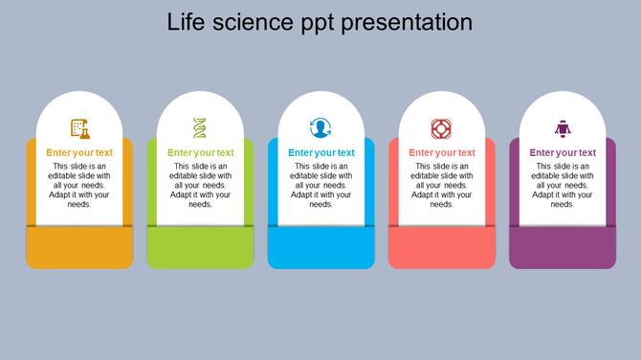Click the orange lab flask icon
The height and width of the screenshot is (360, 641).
(79, 127)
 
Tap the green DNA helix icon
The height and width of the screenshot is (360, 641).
(200, 127)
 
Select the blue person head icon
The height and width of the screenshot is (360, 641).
(320, 127)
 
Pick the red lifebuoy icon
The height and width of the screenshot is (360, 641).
(441, 127)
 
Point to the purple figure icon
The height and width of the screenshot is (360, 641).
(562, 127)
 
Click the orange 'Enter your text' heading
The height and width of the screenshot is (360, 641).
(79, 152)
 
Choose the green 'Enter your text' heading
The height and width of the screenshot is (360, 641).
(200, 152)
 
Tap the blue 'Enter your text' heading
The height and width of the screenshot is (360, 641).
(320, 152)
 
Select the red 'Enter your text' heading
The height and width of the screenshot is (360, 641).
(441, 152)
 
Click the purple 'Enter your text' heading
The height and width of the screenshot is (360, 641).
(562, 152)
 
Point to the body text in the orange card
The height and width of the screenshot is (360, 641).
(79, 185)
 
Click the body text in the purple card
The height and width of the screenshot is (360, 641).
(562, 185)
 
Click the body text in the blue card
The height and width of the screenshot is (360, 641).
(320, 185)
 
